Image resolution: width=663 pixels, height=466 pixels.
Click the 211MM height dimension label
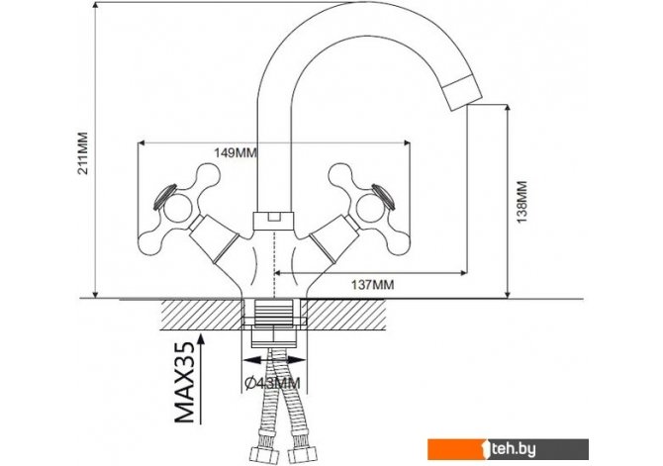[83, 153]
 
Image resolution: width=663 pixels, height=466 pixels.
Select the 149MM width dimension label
[236, 152]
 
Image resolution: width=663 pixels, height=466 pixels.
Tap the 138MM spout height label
[522, 202]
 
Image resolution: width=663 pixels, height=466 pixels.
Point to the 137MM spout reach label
[372, 285]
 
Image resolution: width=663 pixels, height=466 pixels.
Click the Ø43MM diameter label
[273, 383]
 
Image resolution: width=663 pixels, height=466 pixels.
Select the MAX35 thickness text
[184, 383]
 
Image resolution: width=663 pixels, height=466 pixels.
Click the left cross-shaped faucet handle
[180, 210]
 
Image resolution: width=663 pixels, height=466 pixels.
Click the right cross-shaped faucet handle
[370, 210]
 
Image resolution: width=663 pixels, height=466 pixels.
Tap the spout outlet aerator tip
[462, 92]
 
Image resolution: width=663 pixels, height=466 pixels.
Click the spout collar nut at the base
[273, 221]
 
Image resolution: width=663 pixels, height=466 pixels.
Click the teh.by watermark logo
[508, 449]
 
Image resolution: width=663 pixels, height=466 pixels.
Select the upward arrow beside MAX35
[201, 379]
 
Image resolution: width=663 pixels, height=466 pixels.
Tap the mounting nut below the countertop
[273, 336]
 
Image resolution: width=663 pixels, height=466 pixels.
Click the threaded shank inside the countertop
[273, 313]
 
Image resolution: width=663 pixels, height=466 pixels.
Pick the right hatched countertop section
[346, 315]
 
